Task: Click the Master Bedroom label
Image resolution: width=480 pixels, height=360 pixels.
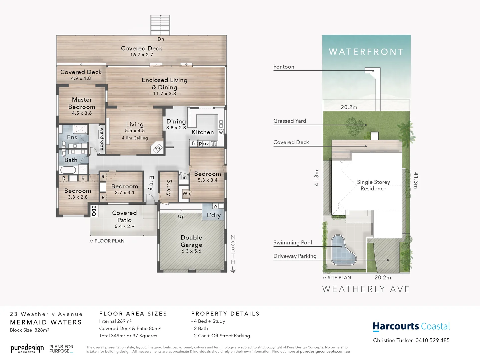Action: (x=82, y=103)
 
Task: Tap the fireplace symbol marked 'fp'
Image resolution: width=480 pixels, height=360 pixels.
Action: (x=158, y=148)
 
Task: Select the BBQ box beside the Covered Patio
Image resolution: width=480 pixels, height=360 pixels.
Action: (x=94, y=211)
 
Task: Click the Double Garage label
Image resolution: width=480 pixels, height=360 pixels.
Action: (x=191, y=241)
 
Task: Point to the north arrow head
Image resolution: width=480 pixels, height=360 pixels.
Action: (x=233, y=270)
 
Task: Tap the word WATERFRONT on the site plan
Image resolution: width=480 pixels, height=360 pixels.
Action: (x=366, y=52)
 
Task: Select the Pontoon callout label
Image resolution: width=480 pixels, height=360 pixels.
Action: (x=284, y=67)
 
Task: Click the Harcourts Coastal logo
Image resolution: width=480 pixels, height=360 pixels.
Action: (x=411, y=326)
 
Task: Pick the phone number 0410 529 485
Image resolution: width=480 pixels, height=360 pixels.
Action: (x=432, y=340)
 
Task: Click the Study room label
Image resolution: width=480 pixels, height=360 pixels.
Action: (x=169, y=188)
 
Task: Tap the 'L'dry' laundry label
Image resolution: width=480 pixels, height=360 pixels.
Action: (x=214, y=215)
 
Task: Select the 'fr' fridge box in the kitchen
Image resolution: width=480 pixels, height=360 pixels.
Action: (x=194, y=143)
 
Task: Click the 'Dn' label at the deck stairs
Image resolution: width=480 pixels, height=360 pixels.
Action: (x=161, y=39)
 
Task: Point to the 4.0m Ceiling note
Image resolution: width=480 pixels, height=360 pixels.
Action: (x=135, y=138)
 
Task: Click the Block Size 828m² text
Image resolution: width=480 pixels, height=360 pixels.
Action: (x=29, y=330)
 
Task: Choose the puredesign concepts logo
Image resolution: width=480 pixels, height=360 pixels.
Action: (x=27, y=349)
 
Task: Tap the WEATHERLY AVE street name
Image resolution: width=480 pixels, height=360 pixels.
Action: (x=366, y=289)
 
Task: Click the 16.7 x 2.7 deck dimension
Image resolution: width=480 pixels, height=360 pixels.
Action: (x=142, y=55)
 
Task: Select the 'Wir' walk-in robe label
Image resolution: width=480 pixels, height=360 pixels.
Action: (x=186, y=193)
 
